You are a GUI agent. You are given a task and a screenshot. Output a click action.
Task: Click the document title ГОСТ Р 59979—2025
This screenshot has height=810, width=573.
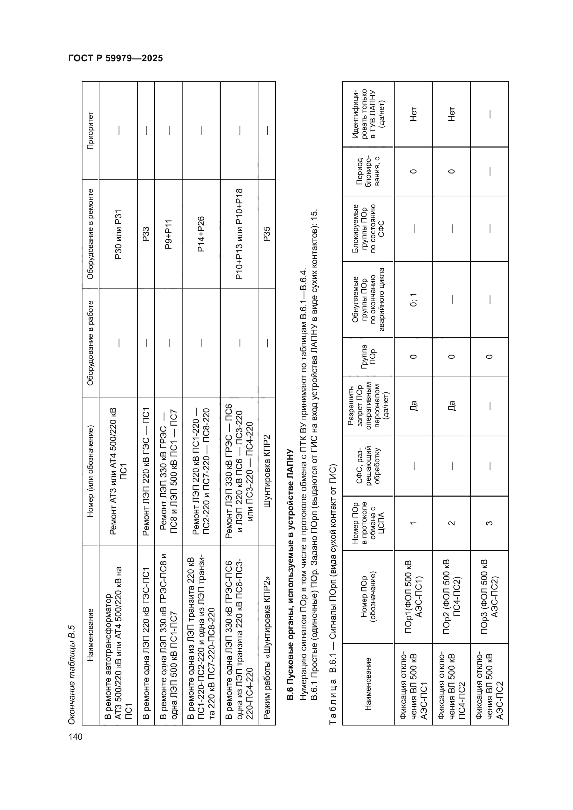coord(115,59)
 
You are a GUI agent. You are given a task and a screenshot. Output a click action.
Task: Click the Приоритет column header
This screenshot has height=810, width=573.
coord(90,131)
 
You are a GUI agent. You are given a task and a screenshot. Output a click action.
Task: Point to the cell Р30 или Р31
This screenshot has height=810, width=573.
coord(118,234)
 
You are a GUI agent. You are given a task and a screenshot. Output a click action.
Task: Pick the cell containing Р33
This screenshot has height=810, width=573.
coord(146,234)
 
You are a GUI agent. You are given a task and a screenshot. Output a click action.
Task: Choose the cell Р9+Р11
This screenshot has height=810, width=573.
coord(168,234)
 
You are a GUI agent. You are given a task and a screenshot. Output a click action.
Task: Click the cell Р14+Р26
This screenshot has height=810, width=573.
coord(201,234)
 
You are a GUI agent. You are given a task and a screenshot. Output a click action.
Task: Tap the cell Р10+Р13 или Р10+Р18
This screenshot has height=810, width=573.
coord(239,234)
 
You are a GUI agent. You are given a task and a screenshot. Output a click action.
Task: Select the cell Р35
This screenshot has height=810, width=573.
coord(267,234)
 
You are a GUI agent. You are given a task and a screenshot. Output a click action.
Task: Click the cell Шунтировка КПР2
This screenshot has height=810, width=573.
coord(267,471)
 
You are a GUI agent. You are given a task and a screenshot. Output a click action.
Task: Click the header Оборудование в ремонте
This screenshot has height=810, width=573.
coord(90,234)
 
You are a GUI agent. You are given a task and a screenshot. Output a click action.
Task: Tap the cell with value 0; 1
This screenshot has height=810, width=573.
coord(414,300)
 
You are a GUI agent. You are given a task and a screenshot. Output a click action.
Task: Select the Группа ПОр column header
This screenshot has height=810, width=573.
coord(368,357)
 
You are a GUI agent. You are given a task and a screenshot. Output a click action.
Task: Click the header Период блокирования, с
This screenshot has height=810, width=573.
coord(368,171)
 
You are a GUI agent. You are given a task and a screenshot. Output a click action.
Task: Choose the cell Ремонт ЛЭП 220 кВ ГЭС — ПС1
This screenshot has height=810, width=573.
coord(146,471)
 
